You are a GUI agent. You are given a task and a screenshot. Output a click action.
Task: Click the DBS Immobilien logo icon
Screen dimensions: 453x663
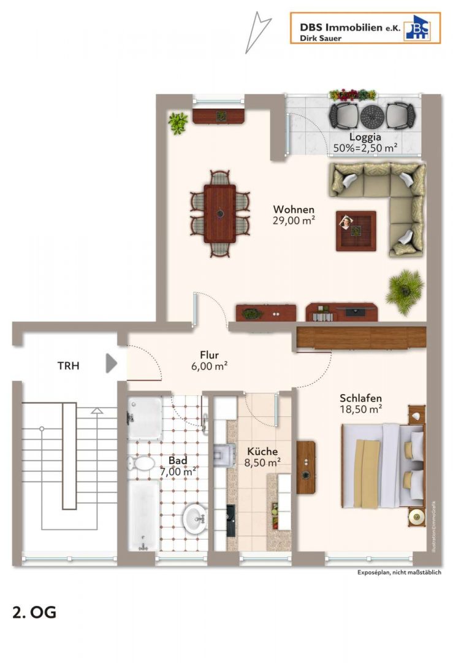[417, 28]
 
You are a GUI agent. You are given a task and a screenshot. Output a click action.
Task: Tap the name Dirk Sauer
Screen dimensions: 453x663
[321, 38]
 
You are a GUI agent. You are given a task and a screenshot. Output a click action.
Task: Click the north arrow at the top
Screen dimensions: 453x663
[257, 33]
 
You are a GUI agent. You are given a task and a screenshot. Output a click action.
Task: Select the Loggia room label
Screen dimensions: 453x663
[365, 137]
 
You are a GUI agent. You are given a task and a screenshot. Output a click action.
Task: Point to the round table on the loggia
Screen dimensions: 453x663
[372, 116]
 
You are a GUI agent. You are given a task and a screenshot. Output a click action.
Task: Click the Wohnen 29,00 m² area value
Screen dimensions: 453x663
[294, 220]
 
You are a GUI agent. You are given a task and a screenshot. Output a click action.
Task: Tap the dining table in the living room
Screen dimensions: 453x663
[220, 214]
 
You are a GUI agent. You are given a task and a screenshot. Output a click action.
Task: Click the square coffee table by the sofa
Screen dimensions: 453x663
[356, 231]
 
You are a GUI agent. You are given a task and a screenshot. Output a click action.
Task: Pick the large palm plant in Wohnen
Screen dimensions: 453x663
[405, 291]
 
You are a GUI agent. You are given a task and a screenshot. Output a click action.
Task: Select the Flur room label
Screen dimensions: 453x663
[210, 355]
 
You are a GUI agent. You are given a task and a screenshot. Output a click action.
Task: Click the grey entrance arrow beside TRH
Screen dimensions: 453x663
[111, 363]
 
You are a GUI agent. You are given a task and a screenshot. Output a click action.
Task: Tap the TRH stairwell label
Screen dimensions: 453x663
[69, 365]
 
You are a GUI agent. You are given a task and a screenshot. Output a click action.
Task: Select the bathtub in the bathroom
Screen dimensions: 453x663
[143, 516]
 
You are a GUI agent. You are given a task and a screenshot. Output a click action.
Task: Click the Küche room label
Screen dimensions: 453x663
[262, 451]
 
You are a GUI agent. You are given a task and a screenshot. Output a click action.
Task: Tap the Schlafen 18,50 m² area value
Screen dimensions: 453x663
[361, 409]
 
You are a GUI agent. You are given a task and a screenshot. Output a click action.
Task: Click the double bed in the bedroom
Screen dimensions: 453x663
[383, 465]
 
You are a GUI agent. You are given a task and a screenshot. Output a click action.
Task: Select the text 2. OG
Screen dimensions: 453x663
[34, 612]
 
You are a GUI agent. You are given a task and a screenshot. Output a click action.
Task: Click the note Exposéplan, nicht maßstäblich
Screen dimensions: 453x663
[400, 572]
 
